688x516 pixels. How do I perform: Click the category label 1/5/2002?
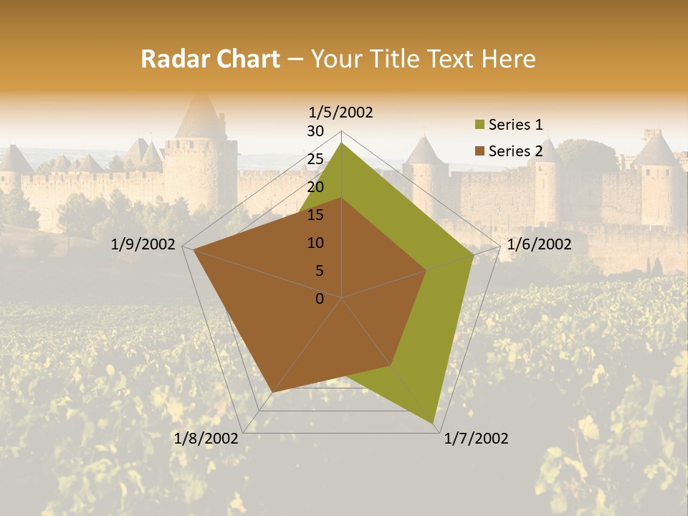341,113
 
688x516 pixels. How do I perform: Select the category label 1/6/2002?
539,244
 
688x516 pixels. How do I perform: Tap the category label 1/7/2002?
477,439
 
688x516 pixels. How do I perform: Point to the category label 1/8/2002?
206,439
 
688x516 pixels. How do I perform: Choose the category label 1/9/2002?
143,244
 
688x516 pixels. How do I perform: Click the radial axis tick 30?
315,131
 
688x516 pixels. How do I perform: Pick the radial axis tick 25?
315,159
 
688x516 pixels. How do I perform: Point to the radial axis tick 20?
315,187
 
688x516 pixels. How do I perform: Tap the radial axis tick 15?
315,215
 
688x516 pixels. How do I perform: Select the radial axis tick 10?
315,243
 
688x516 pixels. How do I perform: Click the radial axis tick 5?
319,271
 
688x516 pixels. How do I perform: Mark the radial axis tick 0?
320,299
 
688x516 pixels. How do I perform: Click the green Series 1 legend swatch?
479,125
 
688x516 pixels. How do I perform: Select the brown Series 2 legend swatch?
479,151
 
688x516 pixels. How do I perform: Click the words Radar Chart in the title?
210,59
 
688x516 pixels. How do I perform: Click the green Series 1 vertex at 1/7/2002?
434,423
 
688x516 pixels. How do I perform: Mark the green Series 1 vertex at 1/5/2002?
342,143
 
